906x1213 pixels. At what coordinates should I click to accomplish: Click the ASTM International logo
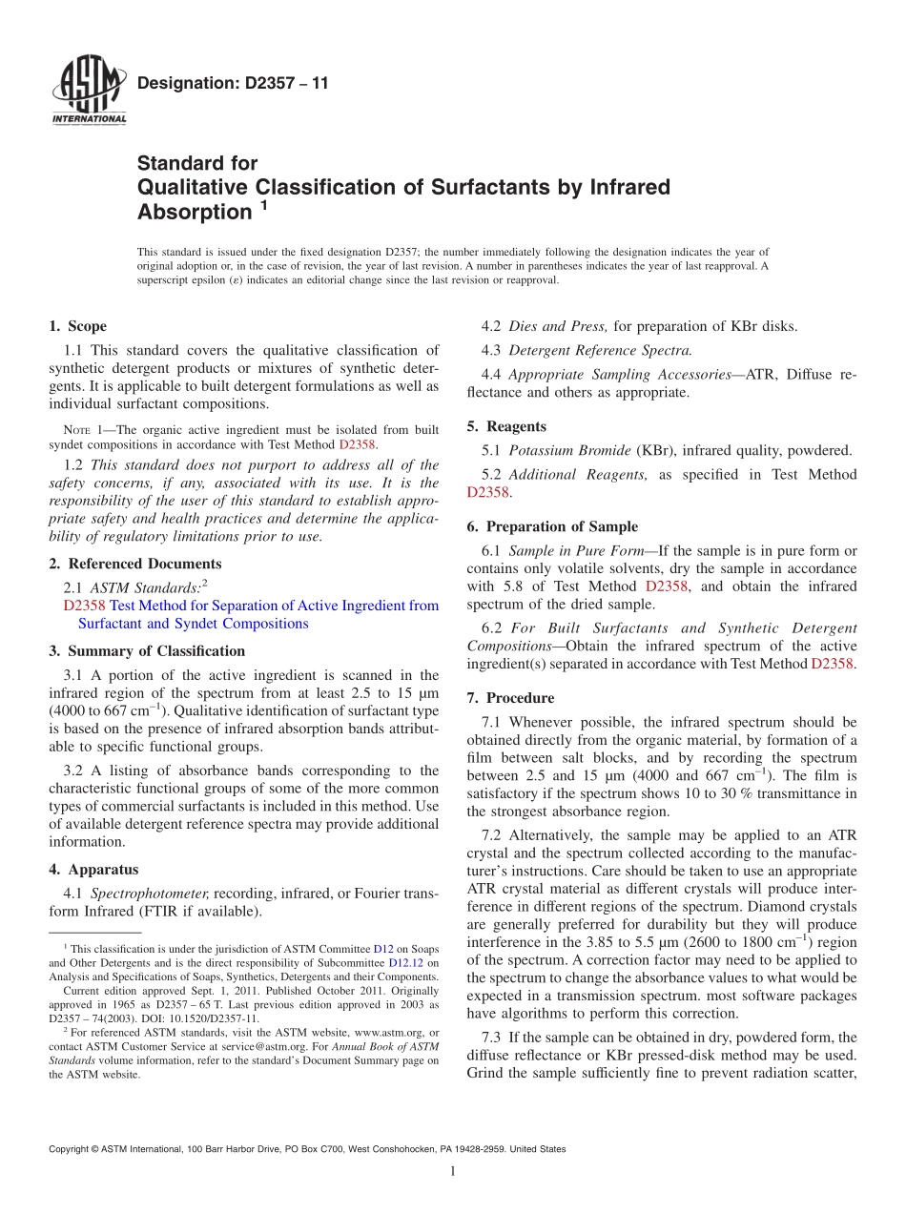pos(88,92)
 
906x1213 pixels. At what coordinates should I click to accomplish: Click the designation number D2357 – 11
pos(233,84)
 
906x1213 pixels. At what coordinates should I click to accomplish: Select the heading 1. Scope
pos(77,326)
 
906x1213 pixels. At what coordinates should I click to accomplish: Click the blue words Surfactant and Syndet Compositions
pos(193,624)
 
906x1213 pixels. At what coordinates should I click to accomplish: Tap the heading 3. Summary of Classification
pos(147,651)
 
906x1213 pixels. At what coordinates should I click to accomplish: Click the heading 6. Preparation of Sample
pos(552,526)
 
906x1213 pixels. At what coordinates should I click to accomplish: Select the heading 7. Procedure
pos(510,698)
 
